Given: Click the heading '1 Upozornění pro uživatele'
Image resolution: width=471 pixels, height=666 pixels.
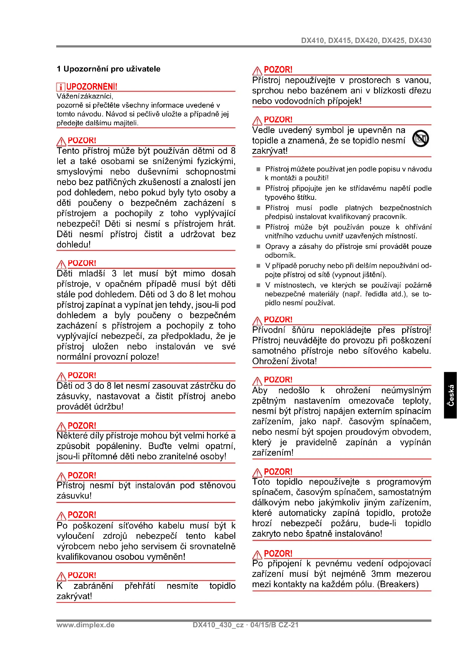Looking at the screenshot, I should click(x=108, y=69).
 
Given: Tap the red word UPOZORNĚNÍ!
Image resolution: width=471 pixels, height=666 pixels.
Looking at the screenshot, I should click(x=92, y=87).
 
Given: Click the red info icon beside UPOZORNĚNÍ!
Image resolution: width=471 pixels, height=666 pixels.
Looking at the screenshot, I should click(x=61, y=87).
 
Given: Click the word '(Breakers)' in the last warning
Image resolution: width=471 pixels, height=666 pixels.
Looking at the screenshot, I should click(x=398, y=584).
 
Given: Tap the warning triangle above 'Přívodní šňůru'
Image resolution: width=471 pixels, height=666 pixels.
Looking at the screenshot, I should click(x=257, y=321).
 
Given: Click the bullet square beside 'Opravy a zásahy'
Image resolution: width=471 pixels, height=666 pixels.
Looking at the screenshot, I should click(x=258, y=247).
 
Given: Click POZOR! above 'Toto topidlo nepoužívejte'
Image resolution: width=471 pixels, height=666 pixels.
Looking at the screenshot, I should click(x=278, y=472).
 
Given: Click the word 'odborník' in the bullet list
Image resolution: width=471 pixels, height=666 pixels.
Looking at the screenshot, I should click(x=279, y=255).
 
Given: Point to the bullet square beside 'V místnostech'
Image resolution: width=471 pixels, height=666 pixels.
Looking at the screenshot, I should click(x=258, y=285).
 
